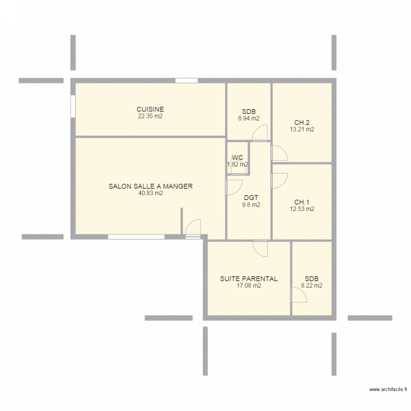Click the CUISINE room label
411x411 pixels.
pos(150,109)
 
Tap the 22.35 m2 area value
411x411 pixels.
pos(150,116)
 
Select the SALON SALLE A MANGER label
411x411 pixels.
pos(150,186)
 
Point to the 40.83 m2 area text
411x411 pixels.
pos(150,193)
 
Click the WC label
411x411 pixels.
pos(237,158)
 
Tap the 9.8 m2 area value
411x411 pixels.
pos(251,205)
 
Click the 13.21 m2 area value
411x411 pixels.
pos(302,130)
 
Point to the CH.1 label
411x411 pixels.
pos(302,202)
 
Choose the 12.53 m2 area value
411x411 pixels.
pos(302,209)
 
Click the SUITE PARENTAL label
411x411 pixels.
pos(249,278)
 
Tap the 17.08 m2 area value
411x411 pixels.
pos(249,286)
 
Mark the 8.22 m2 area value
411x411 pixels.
pos(311,286)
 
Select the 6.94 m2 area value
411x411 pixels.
pos(249,118)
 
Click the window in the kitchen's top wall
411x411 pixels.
pos(186,81)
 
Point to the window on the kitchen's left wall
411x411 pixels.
pos(73,107)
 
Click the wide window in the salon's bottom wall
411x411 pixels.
pos(136,237)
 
